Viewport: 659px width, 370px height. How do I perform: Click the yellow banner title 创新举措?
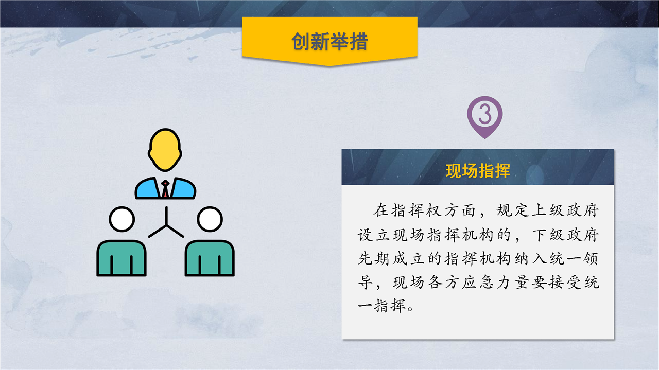tap(329, 42)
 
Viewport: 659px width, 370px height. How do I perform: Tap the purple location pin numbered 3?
tap(485, 117)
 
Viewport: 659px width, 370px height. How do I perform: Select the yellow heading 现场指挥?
tap(478, 171)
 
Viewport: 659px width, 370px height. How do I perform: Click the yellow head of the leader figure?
tap(165, 150)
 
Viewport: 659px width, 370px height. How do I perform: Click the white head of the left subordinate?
tap(122, 219)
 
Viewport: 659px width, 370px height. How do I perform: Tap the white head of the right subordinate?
tap(210, 219)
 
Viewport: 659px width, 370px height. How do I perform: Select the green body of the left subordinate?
tap(122, 258)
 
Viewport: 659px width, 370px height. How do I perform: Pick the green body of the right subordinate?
tap(210, 258)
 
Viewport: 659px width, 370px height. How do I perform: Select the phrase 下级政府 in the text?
tap(565, 235)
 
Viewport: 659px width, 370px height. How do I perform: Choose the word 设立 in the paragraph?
tap(374, 235)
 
